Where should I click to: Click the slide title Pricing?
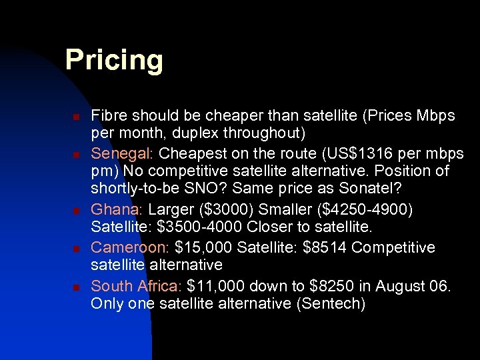pyautogui.click(x=114, y=61)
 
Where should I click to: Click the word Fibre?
pyautogui.click(x=108, y=116)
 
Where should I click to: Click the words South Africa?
pyautogui.click(x=136, y=286)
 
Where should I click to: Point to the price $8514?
pyautogui.click(x=325, y=247)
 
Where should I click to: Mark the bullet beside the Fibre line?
pyautogui.click(x=76, y=117)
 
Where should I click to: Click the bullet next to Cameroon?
pyautogui.click(x=76, y=248)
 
